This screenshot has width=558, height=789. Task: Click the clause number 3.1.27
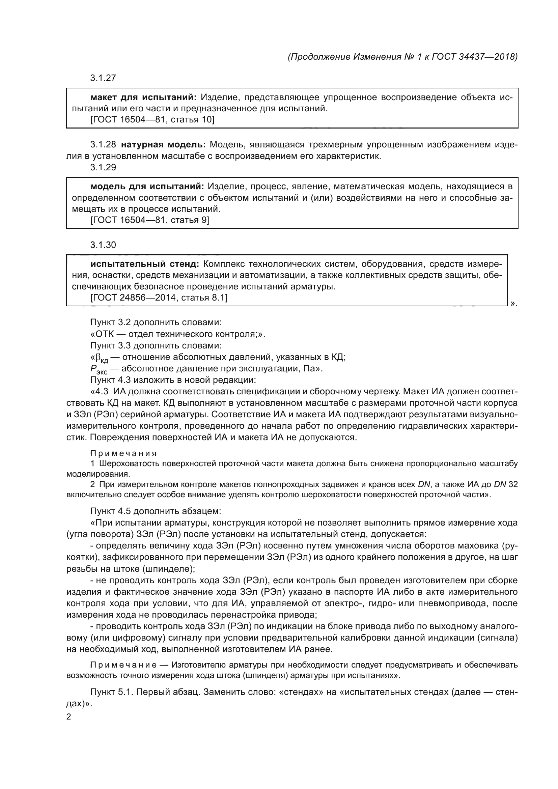click(x=103, y=78)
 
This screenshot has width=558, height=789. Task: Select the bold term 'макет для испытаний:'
click(x=143, y=97)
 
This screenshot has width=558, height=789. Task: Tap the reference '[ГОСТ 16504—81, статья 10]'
click(x=152, y=120)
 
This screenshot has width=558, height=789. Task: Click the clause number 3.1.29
click(x=103, y=167)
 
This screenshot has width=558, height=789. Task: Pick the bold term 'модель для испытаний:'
click(x=147, y=187)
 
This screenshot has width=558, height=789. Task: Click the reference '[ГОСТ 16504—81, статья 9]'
click(x=149, y=220)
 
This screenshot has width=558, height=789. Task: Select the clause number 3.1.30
click(x=103, y=245)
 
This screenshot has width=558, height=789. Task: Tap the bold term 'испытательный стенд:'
click(x=145, y=264)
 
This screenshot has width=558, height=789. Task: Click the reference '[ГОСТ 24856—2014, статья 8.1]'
click(x=159, y=297)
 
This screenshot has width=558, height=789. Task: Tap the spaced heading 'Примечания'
click(x=123, y=453)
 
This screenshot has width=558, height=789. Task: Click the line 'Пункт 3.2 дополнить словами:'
click(x=156, y=322)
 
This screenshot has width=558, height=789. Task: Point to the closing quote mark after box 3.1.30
click(x=514, y=304)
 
